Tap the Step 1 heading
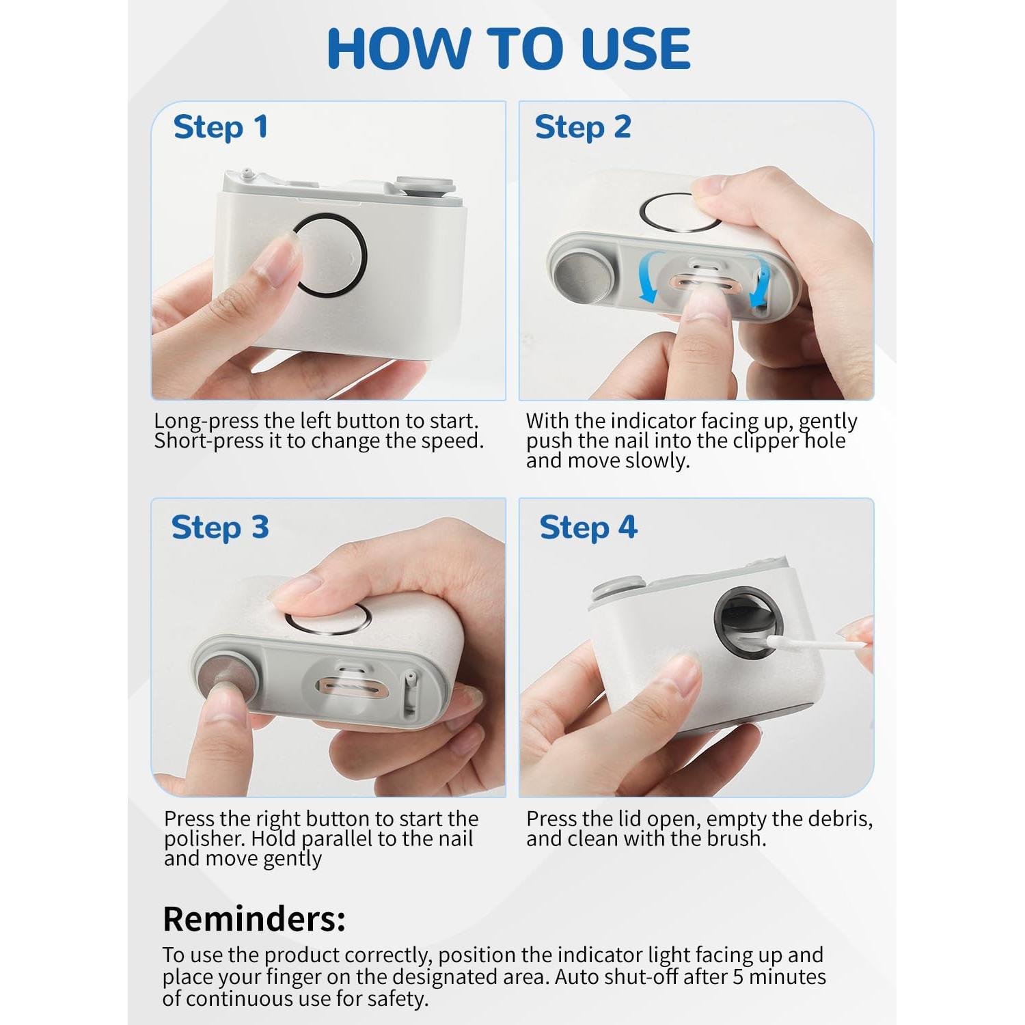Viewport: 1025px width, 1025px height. [220, 128]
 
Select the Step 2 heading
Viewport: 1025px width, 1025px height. [583, 128]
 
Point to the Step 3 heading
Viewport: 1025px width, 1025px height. [220, 528]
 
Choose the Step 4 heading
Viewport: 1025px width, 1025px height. [588, 528]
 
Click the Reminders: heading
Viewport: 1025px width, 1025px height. [254, 919]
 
